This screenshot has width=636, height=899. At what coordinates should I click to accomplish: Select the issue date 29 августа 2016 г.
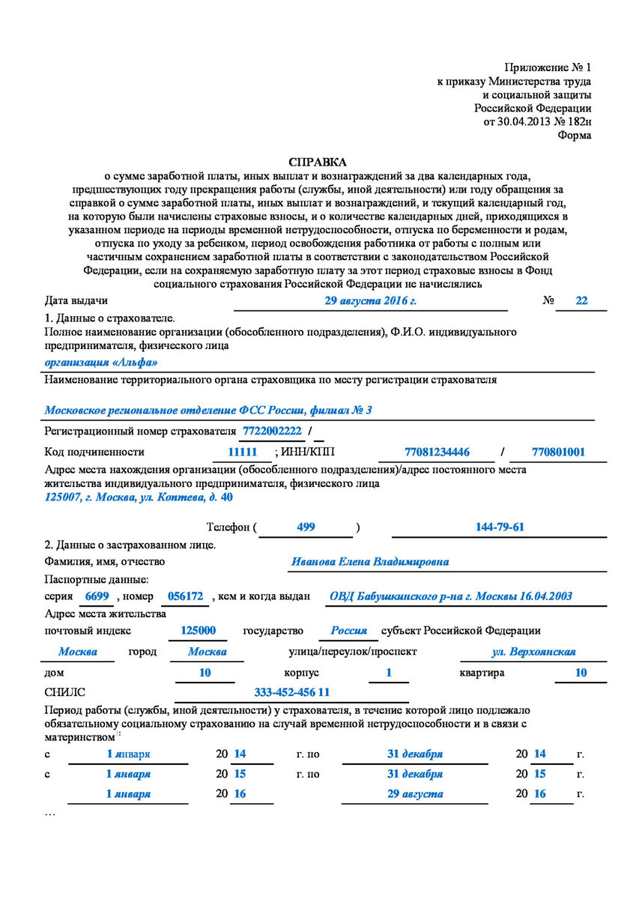coord(369,300)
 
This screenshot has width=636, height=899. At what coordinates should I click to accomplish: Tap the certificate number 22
coord(581,300)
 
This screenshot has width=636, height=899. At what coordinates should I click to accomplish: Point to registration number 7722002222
coord(271,432)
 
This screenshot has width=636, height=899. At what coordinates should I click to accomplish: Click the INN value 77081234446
coord(437,452)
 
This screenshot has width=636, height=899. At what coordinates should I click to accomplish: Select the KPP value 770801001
coord(558,452)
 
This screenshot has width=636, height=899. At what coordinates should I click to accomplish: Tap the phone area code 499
coord(306,527)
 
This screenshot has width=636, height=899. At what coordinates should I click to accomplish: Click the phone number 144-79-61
coord(500,527)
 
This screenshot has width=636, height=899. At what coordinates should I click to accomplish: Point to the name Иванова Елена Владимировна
coord(370,561)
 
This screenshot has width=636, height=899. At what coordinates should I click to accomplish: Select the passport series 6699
coord(98,596)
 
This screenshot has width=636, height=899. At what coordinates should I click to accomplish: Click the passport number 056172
coord(184,596)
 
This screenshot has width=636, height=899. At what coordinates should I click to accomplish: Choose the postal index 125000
coord(199,631)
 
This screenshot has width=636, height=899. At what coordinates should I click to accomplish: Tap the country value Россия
coord(349,631)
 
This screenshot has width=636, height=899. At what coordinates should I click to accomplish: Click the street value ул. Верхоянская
coord(533,652)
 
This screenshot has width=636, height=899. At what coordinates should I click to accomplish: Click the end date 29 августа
coord(414,793)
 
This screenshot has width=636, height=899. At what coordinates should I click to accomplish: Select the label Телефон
coord(228,527)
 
